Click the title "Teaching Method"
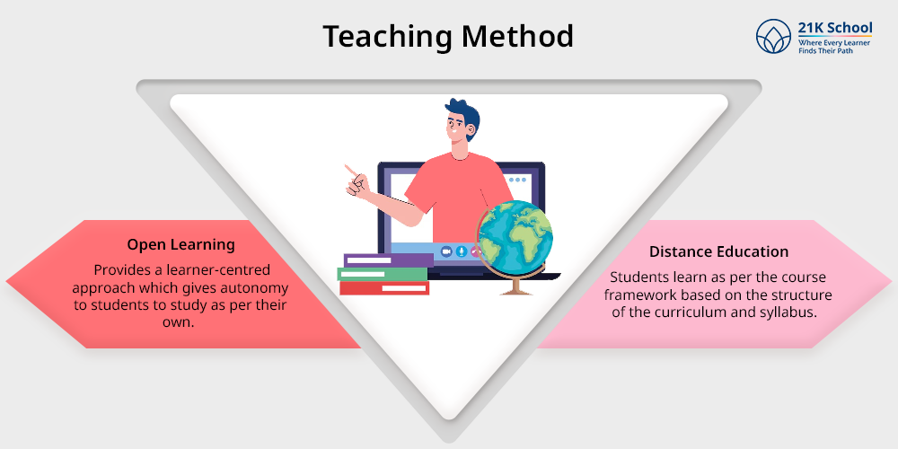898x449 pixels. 448,36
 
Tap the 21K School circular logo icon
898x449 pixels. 773,36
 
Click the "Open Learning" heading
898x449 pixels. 181,244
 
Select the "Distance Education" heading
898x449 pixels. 718,251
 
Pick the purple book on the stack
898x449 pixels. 388,260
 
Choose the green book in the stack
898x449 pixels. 383,274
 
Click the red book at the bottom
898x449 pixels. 384,288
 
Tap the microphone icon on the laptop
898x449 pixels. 461,251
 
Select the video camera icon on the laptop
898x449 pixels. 446,251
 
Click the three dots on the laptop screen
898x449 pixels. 517,180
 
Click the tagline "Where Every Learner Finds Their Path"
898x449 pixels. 834,47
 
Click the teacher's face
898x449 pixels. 456,127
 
